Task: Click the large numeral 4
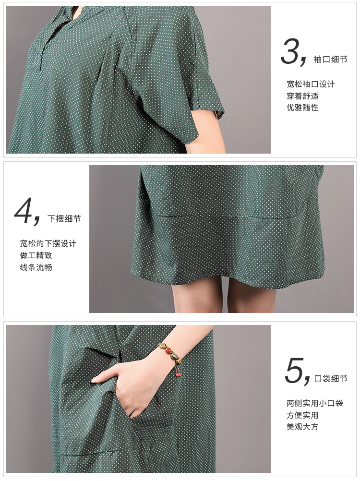23,210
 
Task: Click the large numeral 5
294,370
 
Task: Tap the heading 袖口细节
330,59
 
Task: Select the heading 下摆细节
64,219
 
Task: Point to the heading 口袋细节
331,379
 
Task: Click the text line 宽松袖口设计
311,84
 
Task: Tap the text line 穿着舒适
303,96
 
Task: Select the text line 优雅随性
303,108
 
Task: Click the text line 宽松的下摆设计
48,243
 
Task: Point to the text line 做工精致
36,255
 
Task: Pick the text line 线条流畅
36,267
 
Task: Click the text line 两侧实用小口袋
315,403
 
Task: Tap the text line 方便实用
303,415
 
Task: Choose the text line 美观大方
303,427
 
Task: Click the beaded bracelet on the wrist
169,354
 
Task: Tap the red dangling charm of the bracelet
178,374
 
